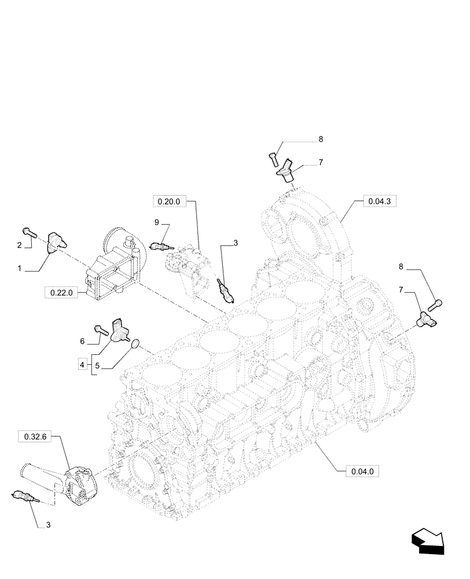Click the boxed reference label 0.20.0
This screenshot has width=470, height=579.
click(169, 201)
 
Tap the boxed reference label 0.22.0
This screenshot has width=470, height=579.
click(61, 293)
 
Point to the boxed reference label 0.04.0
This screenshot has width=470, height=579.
click(363, 471)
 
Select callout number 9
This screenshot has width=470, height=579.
click(156, 222)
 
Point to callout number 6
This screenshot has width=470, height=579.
click(82, 342)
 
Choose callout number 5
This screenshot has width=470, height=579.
click(97, 366)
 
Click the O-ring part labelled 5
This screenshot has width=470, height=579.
click(135, 345)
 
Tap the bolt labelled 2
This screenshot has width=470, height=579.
click(30, 232)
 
